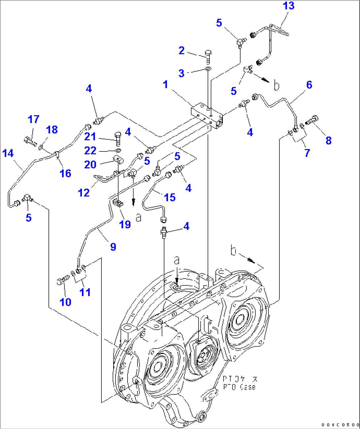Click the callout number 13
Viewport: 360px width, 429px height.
click(x=288, y=6)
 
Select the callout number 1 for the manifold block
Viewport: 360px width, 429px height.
click(x=165, y=84)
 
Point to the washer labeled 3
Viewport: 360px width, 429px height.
click(x=208, y=69)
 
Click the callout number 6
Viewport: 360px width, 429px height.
click(x=309, y=85)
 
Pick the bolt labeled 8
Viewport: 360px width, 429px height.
click(x=313, y=120)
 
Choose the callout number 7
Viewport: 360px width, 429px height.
click(x=307, y=153)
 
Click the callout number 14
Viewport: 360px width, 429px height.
click(x=8, y=153)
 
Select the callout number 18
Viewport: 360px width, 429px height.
click(x=52, y=130)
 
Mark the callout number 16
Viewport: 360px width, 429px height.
click(x=65, y=173)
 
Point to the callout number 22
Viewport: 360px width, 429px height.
click(x=90, y=151)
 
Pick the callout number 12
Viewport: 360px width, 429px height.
click(x=84, y=193)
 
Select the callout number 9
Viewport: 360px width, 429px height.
click(x=113, y=247)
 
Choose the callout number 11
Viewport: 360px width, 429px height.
click(x=85, y=292)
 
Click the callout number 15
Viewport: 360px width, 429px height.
click(x=169, y=197)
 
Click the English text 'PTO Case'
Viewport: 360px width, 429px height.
click(x=239, y=387)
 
